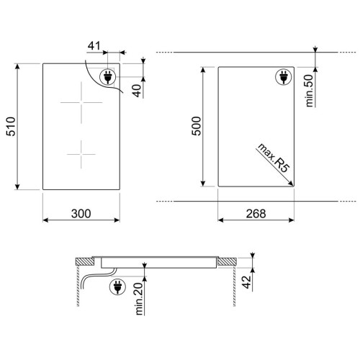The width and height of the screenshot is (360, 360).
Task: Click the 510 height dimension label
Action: (11, 127)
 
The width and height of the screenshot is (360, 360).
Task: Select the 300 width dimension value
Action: (81, 214)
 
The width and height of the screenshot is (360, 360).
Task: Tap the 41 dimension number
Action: (94, 45)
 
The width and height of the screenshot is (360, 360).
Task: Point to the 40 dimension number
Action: (138, 91)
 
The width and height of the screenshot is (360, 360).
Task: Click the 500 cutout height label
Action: (197, 126)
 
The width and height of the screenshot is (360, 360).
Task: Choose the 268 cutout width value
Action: (256, 214)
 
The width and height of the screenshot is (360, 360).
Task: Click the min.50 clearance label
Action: (310, 91)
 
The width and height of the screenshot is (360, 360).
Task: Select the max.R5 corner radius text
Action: (273, 158)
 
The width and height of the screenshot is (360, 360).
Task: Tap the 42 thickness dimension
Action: (246, 282)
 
